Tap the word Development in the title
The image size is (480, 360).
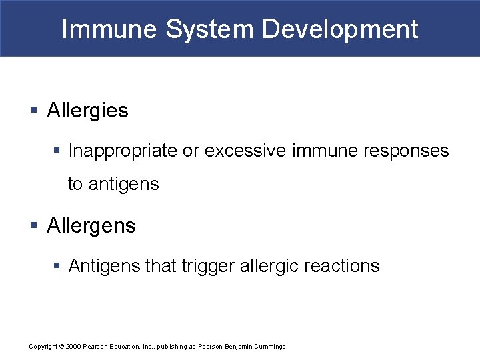point(340,29)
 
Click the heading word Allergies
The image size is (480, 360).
point(87,111)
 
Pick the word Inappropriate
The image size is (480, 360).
point(123,151)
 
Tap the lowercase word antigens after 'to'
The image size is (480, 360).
point(124,184)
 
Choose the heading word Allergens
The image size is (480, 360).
point(91,226)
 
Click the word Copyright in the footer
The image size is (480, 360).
point(43,347)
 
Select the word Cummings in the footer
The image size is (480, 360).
point(269,347)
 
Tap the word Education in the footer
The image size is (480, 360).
point(123,347)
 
